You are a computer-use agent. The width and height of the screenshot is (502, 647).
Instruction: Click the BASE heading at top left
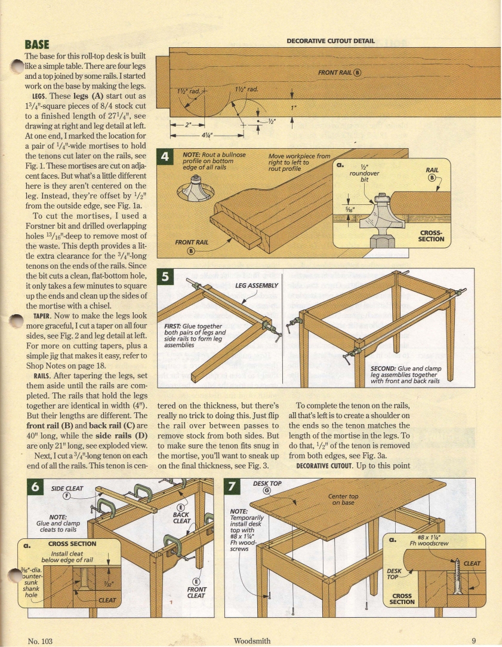click(x=36, y=44)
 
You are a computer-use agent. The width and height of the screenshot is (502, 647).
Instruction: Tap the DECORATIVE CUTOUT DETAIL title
click(x=331, y=41)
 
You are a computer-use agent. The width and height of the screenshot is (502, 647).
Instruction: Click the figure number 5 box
click(x=164, y=277)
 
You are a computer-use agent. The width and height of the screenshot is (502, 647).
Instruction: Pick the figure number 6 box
click(x=36, y=487)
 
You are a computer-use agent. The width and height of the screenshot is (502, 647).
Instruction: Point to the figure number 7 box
click(x=232, y=487)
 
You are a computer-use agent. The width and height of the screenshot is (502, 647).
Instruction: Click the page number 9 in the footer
click(x=473, y=640)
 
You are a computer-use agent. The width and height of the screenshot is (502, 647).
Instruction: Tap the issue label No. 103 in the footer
click(x=41, y=640)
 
